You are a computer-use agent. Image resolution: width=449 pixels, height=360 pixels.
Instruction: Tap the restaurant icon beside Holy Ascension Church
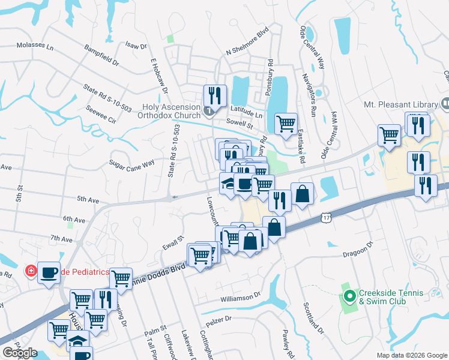click(x=214, y=95)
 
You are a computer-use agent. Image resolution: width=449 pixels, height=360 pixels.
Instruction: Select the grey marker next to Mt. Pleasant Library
click(x=445, y=104)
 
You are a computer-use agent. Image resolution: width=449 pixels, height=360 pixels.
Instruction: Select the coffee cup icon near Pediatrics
click(x=49, y=272)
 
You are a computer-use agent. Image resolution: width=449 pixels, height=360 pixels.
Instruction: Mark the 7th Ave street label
click(x=62, y=239)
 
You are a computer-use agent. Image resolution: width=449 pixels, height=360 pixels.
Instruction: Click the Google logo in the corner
click(x=19, y=353)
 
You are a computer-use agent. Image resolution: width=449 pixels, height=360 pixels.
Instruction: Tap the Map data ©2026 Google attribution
click(x=411, y=355)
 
